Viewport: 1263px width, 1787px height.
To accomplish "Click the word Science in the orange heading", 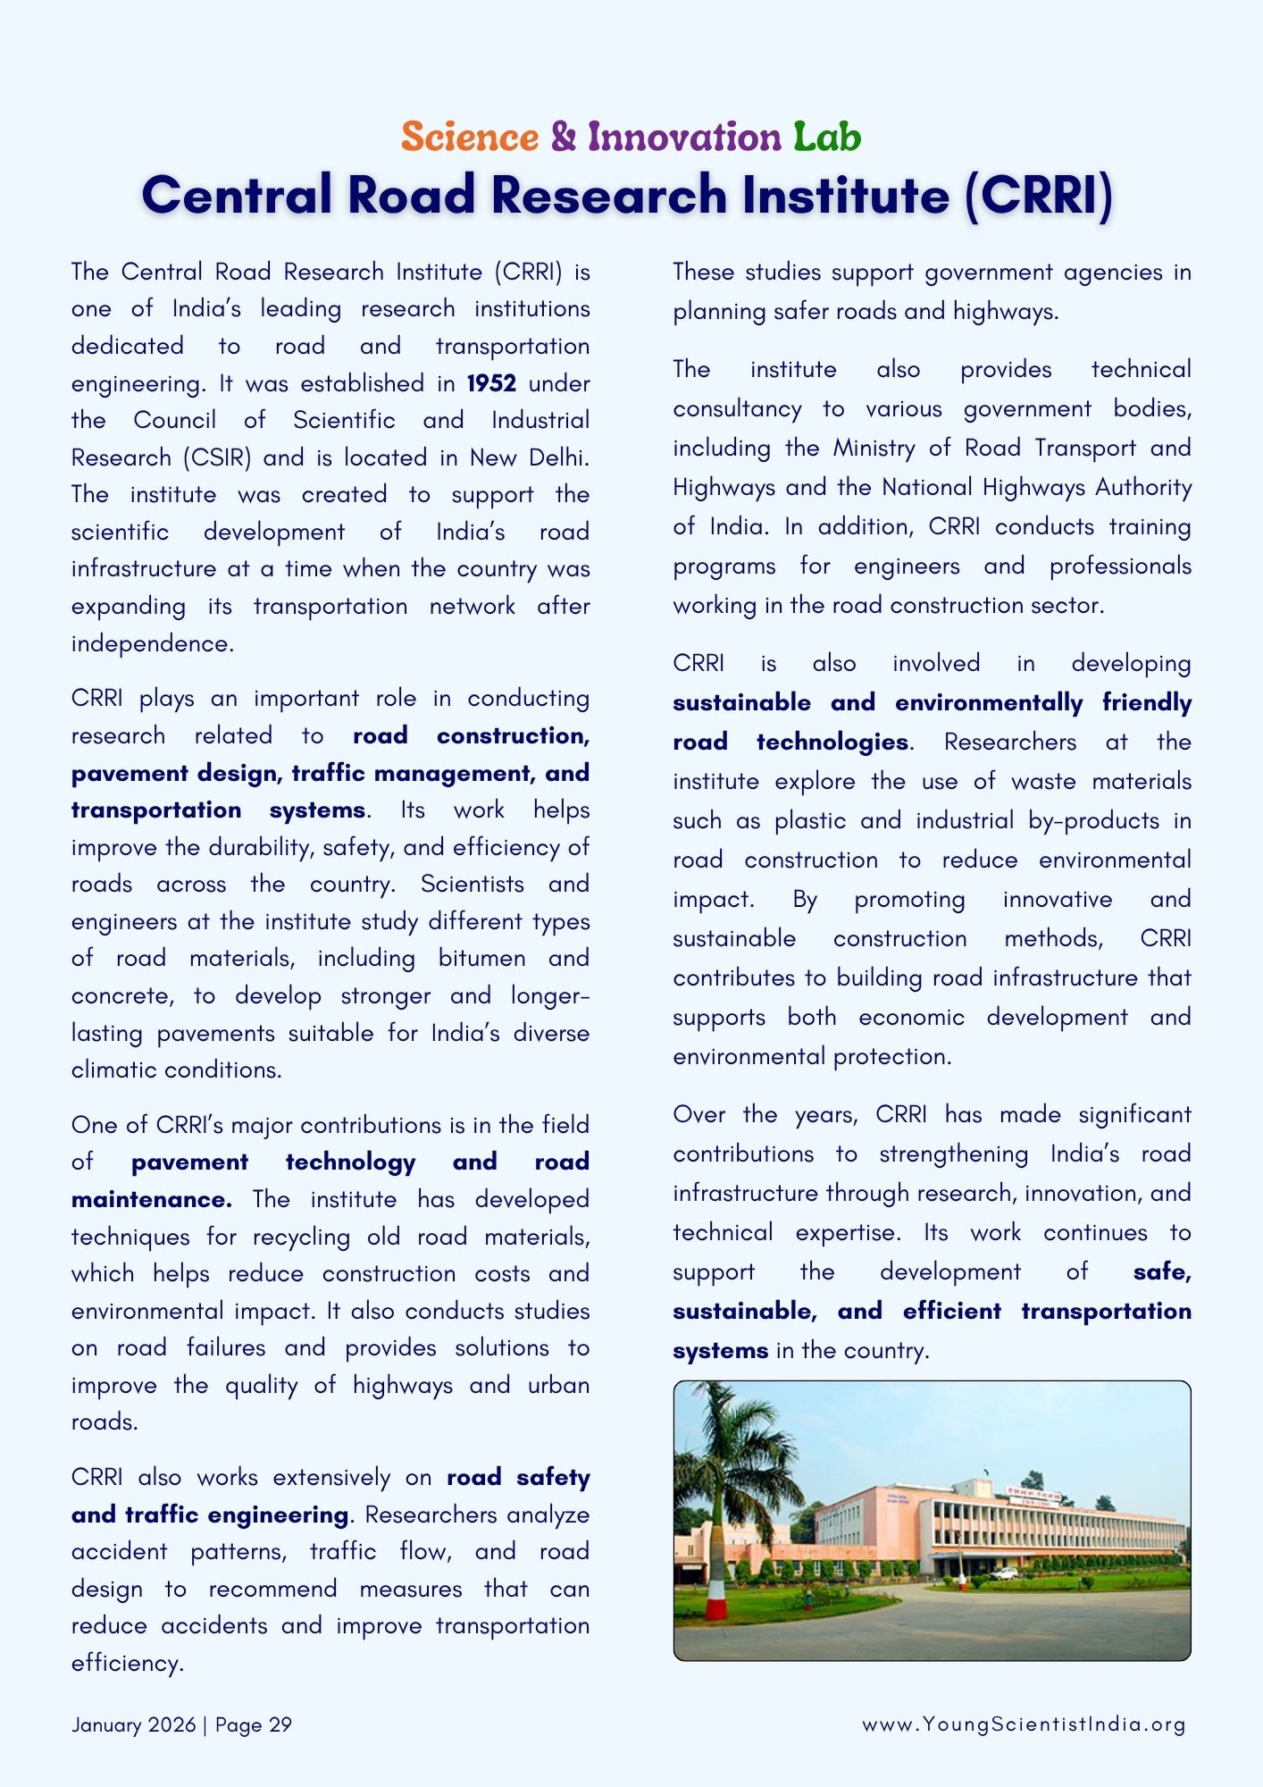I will point(470,137).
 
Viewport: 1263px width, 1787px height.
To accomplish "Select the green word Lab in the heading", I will point(827,137).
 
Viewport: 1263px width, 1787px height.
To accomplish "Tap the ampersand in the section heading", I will point(564,137).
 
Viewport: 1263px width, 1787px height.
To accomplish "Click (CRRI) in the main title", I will point(1039,195).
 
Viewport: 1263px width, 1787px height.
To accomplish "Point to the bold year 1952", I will point(491,383).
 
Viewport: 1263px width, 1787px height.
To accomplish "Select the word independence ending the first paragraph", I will point(151,643).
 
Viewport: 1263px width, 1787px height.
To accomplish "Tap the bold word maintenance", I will point(151,1199).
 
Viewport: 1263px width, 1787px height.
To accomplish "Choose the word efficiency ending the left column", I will point(126,1663).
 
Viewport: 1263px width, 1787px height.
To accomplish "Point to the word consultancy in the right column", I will point(737,408).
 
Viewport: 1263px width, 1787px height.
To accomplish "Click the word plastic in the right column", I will point(810,820).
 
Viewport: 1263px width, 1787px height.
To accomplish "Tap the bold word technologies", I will point(832,742).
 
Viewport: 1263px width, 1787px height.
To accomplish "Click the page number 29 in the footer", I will point(280,1724).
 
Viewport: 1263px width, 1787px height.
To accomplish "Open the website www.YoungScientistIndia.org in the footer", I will point(1024,1724).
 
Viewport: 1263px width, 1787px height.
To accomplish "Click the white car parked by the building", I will point(1005,1573).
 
